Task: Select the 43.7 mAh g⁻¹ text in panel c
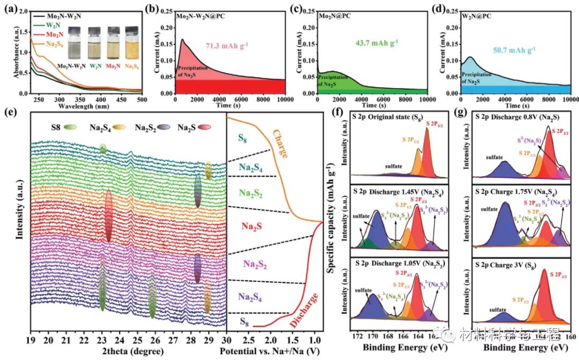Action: pos(373,42)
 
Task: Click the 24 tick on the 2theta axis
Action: pos(119,340)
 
